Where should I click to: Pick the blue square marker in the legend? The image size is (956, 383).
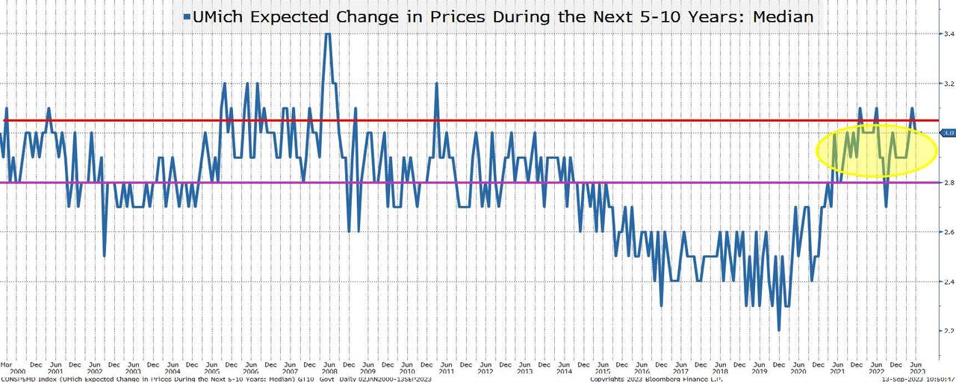pyautogui.click(x=187, y=16)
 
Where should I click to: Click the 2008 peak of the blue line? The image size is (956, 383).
pyautogui.click(x=327, y=35)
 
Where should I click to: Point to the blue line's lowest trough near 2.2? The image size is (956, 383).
pyautogui.click(x=779, y=330)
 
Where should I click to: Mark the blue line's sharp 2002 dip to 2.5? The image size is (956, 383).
pyautogui.click(x=104, y=256)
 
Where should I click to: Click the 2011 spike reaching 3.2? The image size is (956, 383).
pyautogui.click(x=435, y=84)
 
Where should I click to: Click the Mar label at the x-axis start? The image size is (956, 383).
pyautogui.click(x=6, y=364)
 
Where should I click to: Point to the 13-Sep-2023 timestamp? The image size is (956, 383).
pyautogui.click(x=922, y=379)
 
